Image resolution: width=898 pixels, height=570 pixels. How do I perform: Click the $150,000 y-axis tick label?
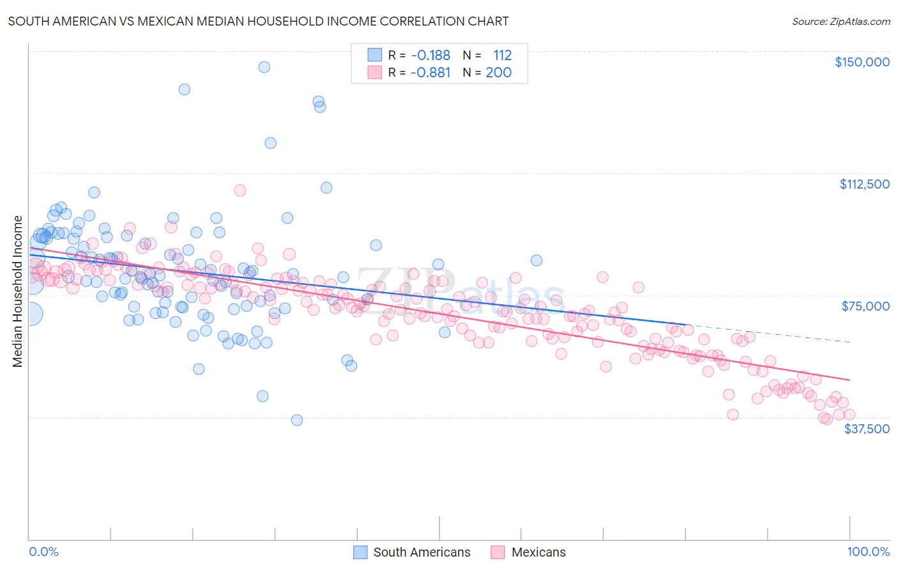click(x=862, y=62)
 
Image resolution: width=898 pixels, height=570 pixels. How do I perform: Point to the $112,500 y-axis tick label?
click(x=864, y=184)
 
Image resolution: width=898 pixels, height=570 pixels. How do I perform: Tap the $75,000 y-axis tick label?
click(x=865, y=306)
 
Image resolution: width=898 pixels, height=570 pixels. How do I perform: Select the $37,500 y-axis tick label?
click(x=867, y=429)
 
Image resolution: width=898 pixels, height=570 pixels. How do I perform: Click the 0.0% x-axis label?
click(x=43, y=551)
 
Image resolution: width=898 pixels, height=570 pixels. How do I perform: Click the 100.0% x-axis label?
click(x=868, y=551)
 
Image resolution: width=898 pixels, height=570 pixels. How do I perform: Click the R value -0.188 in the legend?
click(x=430, y=56)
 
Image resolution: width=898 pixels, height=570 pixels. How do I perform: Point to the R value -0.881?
click(x=430, y=73)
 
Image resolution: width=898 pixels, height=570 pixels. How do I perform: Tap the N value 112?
click(x=502, y=56)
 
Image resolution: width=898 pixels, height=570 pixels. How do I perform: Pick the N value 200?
click(x=498, y=73)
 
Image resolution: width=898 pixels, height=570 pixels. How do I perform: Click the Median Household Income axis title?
click(x=17, y=291)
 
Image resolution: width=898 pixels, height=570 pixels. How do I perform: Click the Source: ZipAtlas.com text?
click(x=841, y=22)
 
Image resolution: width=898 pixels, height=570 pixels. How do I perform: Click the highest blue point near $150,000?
click(x=264, y=67)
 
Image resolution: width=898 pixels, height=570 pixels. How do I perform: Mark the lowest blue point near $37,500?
click(x=296, y=420)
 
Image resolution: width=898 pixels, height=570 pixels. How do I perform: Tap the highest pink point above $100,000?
click(x=240, y=190)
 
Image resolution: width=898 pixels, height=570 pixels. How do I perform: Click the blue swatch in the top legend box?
click(x=374, y=55)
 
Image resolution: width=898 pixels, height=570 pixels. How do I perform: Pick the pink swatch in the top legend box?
click(x=374, y=72)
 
